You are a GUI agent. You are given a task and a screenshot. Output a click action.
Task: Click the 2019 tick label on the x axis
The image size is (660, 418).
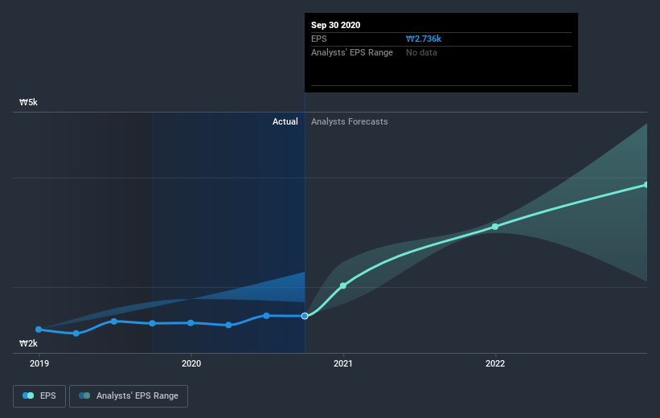[x=39, y=363]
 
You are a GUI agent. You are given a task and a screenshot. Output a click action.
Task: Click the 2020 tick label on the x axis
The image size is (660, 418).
[x=191, y=363]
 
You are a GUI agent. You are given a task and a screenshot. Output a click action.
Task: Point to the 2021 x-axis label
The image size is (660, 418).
[x=343, y=363]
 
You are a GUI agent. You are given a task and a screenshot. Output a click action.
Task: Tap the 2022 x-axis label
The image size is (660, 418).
[x=495, y=363]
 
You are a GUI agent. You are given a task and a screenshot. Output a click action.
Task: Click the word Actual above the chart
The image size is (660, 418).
[x=285, y=121]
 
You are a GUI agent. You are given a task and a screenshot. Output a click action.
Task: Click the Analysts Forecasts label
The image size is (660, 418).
[x=349, y=121]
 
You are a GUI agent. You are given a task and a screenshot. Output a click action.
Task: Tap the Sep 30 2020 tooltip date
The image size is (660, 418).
[x=336, y=25]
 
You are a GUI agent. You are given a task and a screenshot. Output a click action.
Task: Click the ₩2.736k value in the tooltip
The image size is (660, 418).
[x=424, y=39]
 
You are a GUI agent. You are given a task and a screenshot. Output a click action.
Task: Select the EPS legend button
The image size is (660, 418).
[x=40, y=395]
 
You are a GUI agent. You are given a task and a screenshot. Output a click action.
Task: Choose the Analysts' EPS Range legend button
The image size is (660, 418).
[x=129, y=395]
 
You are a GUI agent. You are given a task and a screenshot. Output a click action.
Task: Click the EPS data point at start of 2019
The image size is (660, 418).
[x=39, y=330]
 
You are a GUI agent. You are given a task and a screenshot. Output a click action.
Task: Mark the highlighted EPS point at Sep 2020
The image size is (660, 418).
[x=305, y=316]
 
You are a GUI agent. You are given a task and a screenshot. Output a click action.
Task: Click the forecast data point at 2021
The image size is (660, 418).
[x=343, y=285]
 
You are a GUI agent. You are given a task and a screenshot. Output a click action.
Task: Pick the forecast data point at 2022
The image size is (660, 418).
[x=495, y=227]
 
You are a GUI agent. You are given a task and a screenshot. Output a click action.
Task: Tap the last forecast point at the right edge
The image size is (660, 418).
[x=646, y=185]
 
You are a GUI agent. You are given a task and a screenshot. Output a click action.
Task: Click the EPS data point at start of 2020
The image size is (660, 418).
[x=191, y=323]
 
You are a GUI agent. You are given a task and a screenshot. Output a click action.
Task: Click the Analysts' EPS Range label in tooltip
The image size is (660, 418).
[x=351, y=52]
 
